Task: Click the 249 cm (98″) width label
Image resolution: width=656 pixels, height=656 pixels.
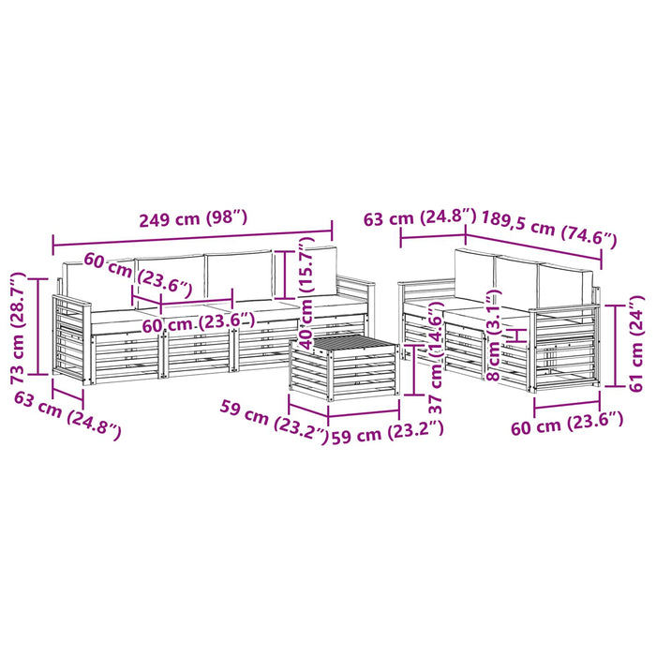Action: tap(193, 218)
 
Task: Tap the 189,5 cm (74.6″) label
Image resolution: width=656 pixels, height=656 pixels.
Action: tap(549, 230)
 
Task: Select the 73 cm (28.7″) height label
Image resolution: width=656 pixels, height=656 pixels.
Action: tap(18, 328)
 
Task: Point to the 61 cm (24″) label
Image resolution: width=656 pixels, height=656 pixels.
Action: tap(636, 344)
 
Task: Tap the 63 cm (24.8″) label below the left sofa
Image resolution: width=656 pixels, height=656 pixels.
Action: tap(67, 415)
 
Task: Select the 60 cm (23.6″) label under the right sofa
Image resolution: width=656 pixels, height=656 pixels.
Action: tap(567, 424)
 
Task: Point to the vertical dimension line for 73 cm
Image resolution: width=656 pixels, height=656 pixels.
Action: tap(38, 326)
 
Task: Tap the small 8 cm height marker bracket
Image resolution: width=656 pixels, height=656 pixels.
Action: tap(519, 335)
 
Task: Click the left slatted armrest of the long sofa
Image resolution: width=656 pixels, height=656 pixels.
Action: tap(70, 338)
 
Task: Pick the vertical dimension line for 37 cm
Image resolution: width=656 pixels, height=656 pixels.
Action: tap(413, 370)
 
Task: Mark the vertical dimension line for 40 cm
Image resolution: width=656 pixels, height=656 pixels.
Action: tap(285, 274)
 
